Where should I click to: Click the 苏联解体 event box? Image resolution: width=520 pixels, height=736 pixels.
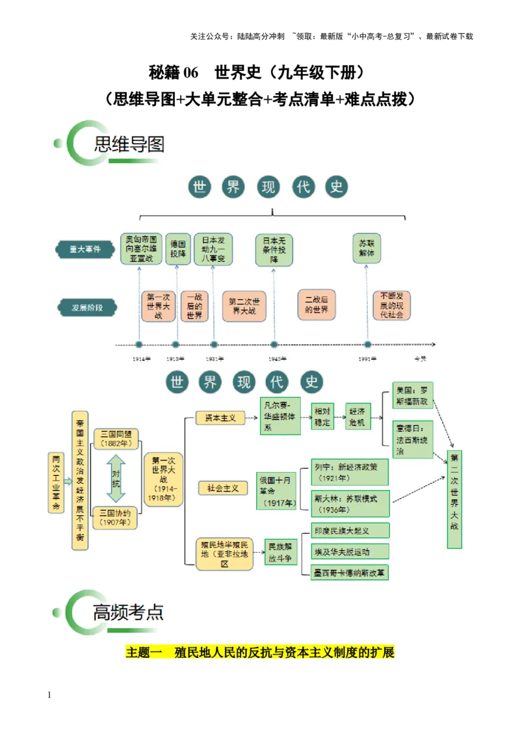(x=367, y=248)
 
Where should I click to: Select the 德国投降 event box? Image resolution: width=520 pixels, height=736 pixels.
(x=177, y=248)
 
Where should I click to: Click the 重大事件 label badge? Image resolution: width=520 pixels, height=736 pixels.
(x=85, y=248)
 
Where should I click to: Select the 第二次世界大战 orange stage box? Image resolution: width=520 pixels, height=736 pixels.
(x=244, y=306)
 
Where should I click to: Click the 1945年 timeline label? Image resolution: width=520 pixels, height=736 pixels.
(x=278, y=359)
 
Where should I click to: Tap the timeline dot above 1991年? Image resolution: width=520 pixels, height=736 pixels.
(x=367, y=345)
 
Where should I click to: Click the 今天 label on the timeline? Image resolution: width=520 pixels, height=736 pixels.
(x=421, y=359)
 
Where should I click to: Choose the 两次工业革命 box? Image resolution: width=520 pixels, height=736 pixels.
(x=57, y=483)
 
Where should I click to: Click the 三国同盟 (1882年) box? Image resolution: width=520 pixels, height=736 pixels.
(x=116, y=439)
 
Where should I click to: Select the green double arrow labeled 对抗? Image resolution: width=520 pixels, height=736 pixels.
(x=116, y=478)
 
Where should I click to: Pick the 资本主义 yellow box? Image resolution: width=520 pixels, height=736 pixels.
(x=220, y=418)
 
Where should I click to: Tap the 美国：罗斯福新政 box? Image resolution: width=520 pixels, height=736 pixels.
(x=413, y=395)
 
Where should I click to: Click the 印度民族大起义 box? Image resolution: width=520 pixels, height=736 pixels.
(x=350, y=530)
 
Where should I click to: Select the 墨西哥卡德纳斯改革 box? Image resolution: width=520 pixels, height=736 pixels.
(x=350, y=573)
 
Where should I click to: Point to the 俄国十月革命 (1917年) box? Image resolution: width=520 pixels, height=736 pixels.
(x=276, y=490)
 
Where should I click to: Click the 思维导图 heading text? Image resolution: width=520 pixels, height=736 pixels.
(x=129, y=144)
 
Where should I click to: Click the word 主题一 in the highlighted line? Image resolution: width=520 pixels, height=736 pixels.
(x=144, y=653)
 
